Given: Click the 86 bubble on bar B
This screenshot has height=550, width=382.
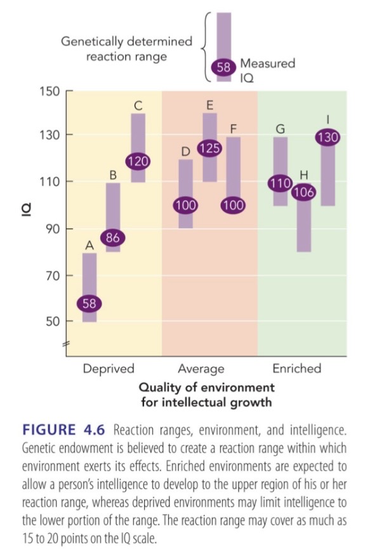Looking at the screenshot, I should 113,239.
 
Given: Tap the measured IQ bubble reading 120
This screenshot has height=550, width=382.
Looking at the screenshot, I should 138,161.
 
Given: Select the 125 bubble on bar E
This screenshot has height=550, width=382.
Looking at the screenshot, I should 209,149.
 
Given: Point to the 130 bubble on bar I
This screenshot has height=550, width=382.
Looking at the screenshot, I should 327,137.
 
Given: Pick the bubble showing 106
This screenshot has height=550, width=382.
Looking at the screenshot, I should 304,193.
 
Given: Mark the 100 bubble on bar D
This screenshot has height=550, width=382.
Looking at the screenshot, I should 185,205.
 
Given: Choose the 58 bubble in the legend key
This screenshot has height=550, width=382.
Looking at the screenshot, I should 224,65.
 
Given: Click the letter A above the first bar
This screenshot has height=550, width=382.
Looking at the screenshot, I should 89,245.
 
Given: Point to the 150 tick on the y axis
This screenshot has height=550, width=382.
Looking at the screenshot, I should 50,90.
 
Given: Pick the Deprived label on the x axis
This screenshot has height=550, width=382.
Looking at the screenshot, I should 109,368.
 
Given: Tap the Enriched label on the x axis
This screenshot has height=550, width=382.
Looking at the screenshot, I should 296,368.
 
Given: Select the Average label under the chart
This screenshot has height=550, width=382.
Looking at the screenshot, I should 201,368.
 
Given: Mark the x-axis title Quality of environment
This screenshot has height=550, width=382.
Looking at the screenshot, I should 206,387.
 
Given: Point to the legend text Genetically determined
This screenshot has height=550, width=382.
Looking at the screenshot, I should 126,42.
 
